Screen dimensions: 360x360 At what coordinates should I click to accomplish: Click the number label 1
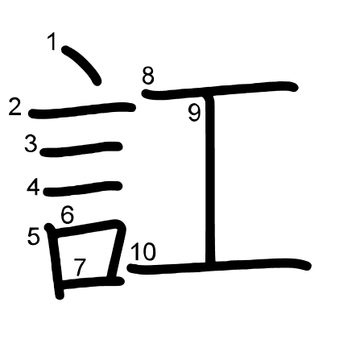(52, 41)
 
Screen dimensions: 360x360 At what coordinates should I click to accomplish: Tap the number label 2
(14, 106)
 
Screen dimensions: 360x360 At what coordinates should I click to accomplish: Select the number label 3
(31, 143)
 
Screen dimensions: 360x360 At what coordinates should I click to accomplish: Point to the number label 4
(33, 188)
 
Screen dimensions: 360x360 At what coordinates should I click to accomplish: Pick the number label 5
(34, 236)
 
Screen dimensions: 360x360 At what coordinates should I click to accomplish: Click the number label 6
(67, 215)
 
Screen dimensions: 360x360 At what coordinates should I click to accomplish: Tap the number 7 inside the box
(80, 267)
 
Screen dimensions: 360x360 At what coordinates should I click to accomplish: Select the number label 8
(148, 76)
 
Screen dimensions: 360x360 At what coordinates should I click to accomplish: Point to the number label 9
(194, 113)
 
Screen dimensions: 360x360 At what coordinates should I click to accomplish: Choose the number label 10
(143, 252)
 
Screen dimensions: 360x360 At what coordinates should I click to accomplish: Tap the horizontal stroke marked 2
(82, 110)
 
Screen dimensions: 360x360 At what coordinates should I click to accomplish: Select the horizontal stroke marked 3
(81, 149)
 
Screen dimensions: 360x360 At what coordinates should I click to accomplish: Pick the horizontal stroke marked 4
(83, 188)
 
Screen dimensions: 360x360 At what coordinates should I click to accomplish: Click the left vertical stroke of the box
(55, 261)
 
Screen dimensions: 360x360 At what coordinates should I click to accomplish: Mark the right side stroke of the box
(115, 250)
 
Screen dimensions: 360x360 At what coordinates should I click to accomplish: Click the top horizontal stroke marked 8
(220, 89)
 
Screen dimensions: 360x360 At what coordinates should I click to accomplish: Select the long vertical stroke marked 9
(210, 179)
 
